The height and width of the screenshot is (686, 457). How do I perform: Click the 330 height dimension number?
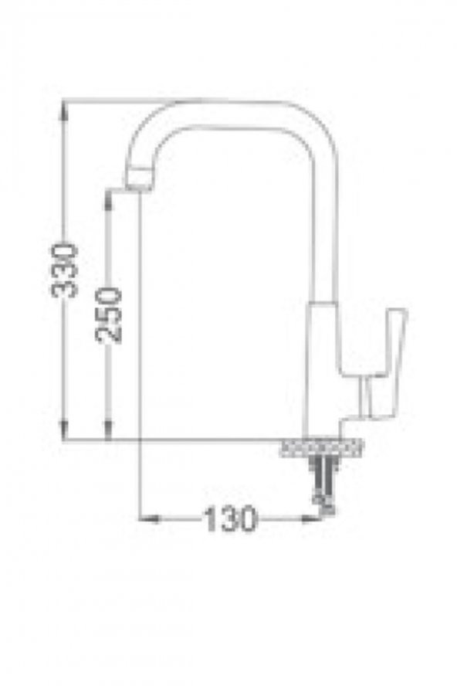coord(64,271)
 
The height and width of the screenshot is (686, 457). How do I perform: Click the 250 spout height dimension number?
coord(108,315)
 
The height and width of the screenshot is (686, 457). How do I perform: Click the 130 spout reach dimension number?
coord(230,519)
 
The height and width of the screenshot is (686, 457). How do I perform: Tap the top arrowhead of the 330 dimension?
coord(64,110)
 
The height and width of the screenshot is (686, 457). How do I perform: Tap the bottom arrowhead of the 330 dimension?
coord(64,430)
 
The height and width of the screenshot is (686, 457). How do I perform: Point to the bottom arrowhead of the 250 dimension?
coord(108,430)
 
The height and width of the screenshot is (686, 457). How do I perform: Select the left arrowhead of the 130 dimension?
coord(150,519)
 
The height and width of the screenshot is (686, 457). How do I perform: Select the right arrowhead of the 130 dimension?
coord(311,519)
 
